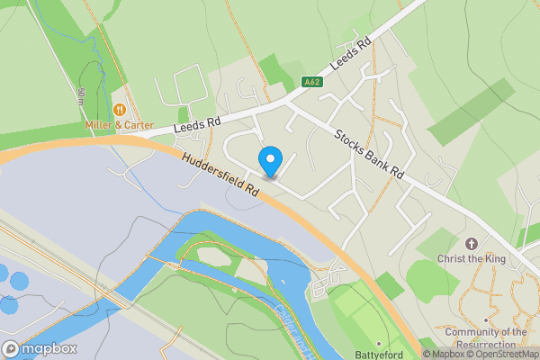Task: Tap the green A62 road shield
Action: tap(311, 82)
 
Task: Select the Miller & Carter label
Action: tap(119, 125)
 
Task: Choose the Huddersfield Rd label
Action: tap(220, 175)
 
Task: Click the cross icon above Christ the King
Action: tap(470, 244)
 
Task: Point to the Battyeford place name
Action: tap(379, 355)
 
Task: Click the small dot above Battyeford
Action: tap(379, 343)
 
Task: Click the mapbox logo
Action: tap(40, 348)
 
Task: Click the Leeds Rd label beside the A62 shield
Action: tap(350, 56)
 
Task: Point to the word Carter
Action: tap(138, 125)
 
